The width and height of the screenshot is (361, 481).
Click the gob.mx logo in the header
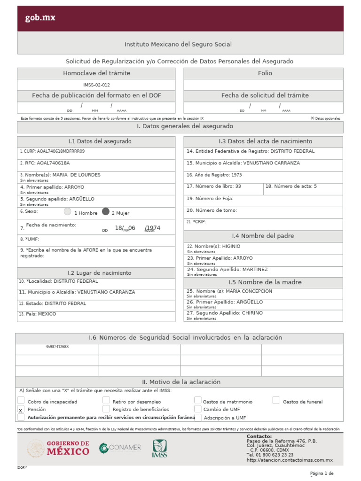(40, 18)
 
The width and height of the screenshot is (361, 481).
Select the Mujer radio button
(106, 212)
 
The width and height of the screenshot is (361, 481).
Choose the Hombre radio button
(68, 212)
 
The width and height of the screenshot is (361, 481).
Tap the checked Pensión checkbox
(21, 410)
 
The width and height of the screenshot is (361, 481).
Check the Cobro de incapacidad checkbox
(21, 401)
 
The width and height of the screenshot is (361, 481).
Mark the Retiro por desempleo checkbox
(106, 401)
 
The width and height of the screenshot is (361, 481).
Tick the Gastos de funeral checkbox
(276, 401)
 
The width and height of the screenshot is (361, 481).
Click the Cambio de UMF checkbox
(198, 409)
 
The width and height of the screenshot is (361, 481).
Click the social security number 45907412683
(57, 347)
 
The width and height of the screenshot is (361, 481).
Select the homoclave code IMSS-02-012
(96, 85)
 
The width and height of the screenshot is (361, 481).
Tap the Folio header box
(264, 73)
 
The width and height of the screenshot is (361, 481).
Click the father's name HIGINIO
(230, 246)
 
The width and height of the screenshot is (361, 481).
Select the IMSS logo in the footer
(159, 449)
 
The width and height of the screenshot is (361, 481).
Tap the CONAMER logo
(120, 448)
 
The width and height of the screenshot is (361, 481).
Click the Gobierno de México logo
(58, 448)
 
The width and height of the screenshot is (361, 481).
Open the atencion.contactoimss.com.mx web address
(290, 460)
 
